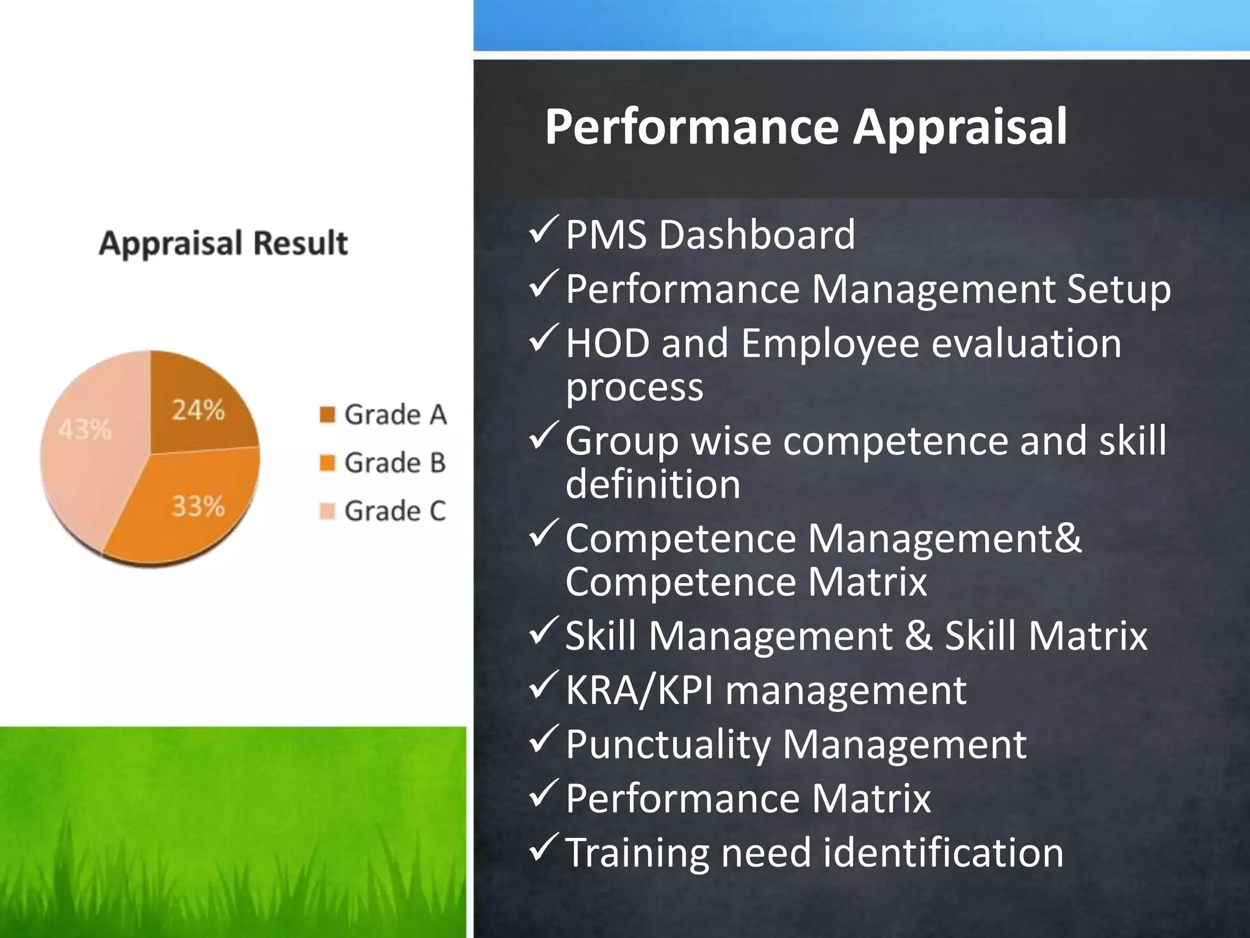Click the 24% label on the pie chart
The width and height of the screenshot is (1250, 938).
point(198,410)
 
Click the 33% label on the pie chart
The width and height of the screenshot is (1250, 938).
point(198,506)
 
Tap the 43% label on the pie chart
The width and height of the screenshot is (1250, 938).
point(85,430)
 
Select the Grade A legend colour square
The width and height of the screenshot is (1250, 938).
point(328,415)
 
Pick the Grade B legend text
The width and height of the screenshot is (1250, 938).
point(395,463)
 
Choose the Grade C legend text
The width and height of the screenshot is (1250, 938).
point(395,511)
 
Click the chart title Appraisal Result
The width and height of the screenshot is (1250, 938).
point(223,243)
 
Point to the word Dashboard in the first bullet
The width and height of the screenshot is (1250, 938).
point(757,234)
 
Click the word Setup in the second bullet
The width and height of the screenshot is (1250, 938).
point(1118,289)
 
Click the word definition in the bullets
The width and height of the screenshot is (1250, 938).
point(653,484)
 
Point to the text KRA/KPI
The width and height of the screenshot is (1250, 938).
point(639,691)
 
